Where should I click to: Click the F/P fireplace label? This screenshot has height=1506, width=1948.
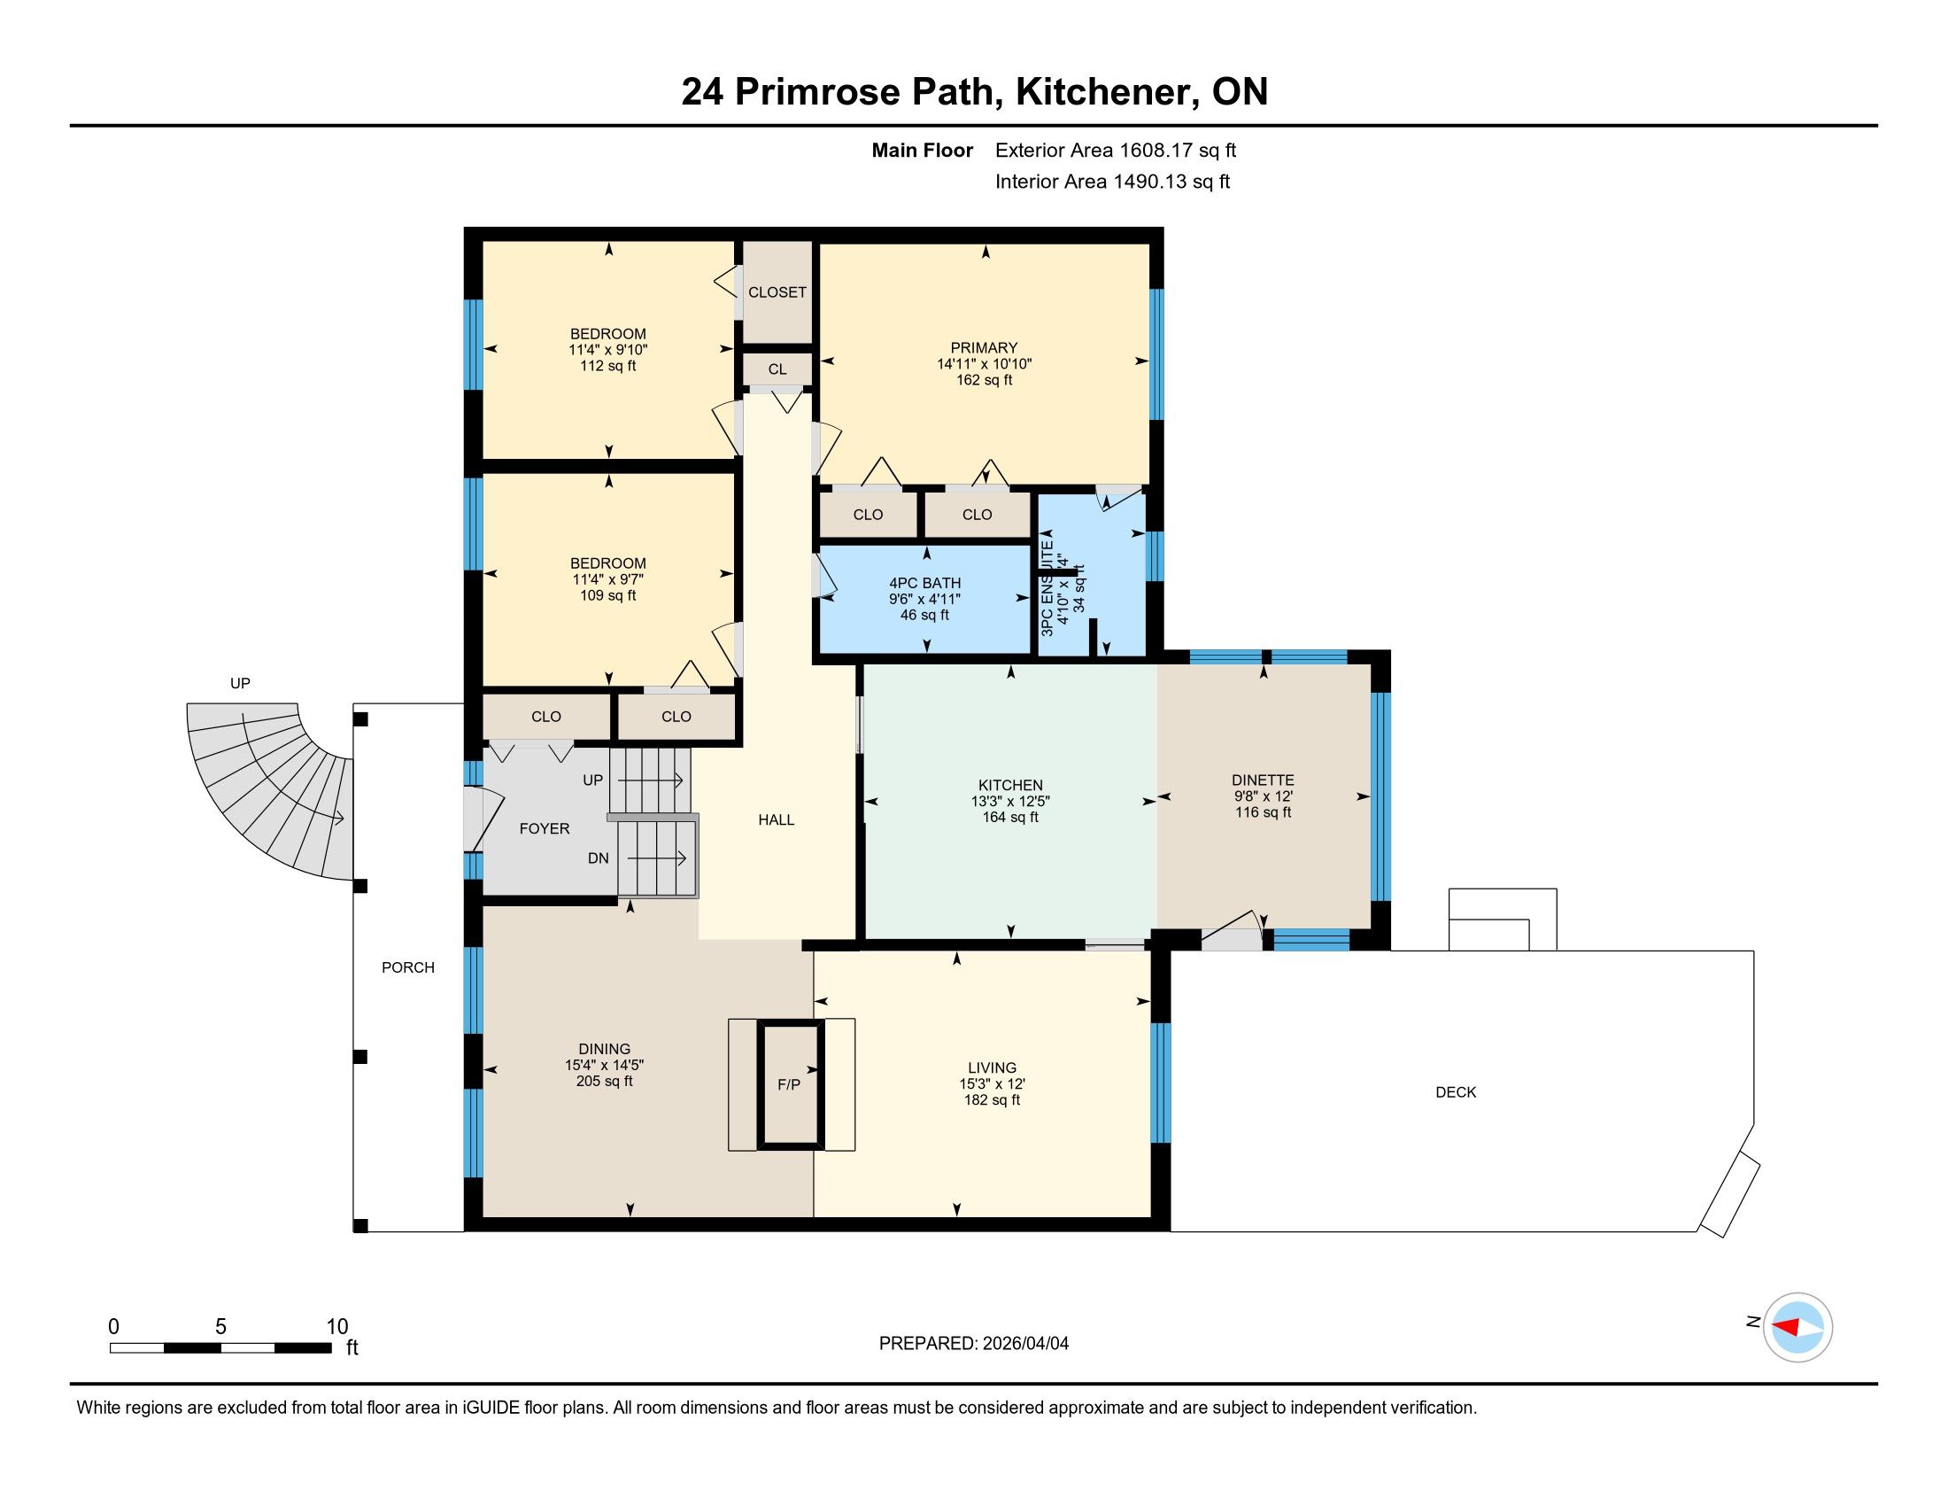788,1085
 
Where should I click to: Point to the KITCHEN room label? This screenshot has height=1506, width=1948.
1009,785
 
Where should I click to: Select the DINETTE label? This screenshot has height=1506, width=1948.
1263,780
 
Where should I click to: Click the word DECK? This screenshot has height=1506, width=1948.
1456,1092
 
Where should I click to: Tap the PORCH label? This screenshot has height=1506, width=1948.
407,967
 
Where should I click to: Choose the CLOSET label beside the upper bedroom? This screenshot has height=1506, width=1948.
777,292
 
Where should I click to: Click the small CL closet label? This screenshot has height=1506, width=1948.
777,369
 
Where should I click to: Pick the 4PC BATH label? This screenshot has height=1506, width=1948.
925,584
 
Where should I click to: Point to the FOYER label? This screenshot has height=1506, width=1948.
544,829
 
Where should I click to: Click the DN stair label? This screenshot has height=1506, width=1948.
598,858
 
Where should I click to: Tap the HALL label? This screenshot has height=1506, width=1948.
776,820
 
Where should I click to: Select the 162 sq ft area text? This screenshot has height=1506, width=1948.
984,380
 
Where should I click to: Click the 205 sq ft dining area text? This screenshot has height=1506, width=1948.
605,1082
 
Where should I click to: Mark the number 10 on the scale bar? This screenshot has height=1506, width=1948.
337,1327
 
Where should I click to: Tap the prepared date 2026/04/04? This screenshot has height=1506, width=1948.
1025,1344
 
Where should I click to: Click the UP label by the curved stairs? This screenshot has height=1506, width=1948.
240,683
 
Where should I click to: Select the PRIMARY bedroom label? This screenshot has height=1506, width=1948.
984,348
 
